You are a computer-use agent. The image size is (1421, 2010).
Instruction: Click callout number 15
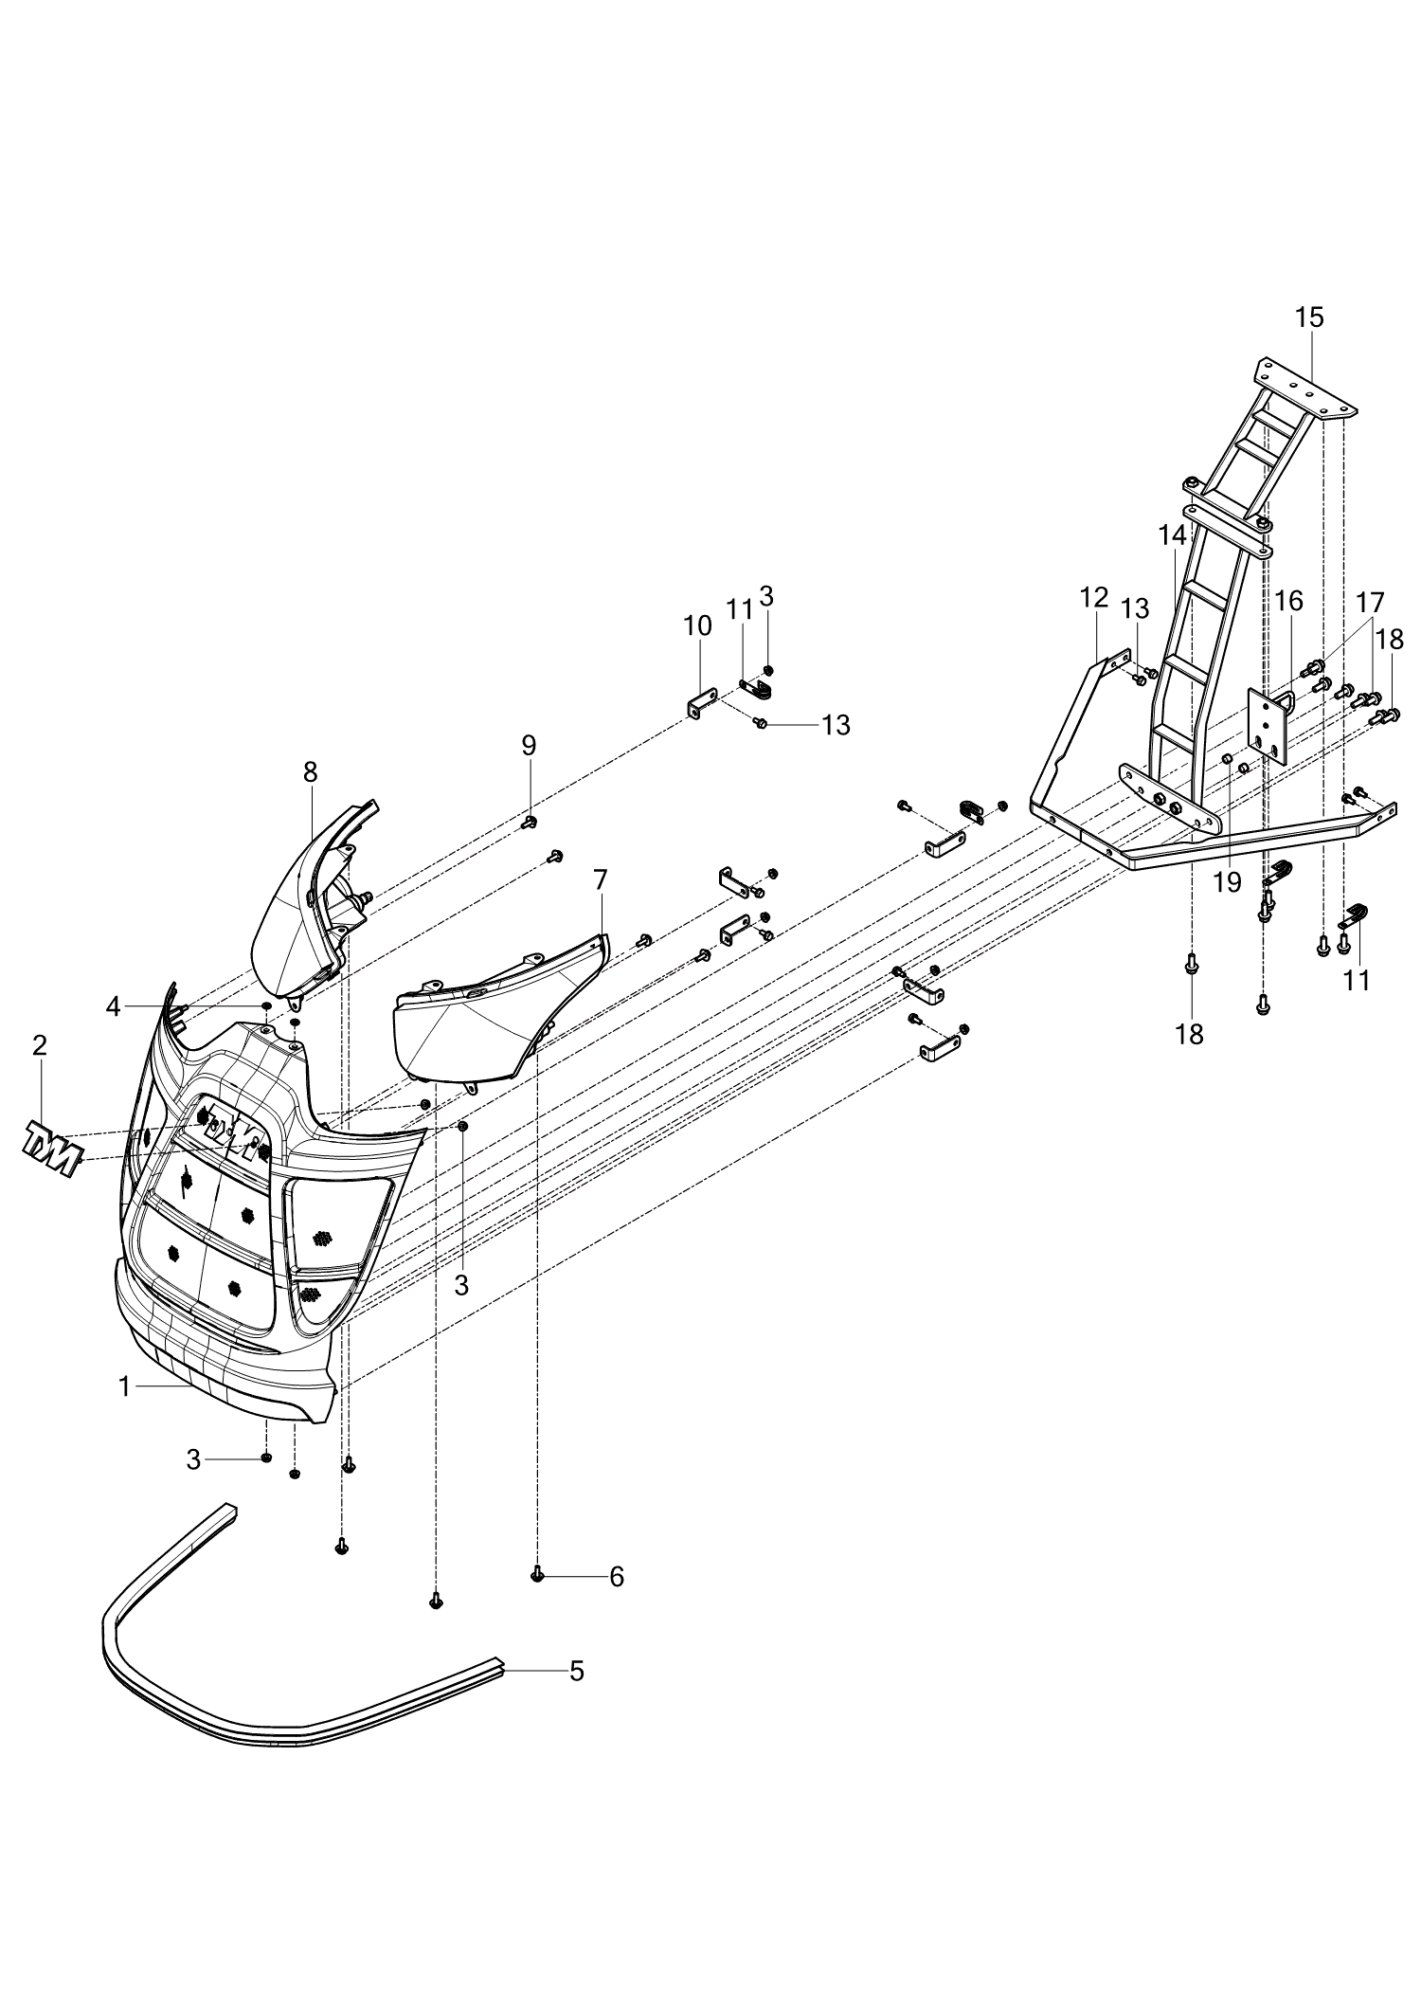click(1309, 317)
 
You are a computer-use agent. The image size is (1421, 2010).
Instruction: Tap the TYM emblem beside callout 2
click(50, 1148)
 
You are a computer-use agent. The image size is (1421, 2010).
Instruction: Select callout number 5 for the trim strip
click(577, 1671)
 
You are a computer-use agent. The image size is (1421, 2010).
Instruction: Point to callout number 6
click(617, 1577)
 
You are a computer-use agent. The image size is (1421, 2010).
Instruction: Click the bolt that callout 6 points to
click(538, 1575)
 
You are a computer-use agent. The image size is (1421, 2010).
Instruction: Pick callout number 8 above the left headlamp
click(311, 772)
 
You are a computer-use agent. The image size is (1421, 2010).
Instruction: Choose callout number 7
click(600, 879)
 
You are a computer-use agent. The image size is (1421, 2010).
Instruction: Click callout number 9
click(529, 746)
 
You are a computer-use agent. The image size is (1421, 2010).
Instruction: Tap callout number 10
click(697, 625)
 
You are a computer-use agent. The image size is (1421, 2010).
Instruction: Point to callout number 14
click(1172, 535)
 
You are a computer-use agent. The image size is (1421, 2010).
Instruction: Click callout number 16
click(1288, 601)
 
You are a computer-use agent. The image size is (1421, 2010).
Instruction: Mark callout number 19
click(1227, 882)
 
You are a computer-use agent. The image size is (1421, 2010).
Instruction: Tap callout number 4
click(114, 1006)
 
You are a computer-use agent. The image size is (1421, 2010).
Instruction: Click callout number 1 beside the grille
click(124, 1386)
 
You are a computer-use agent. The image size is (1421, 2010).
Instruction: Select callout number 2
click(39, 1045)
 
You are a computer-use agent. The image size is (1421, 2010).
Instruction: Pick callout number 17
click(1370, 603)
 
